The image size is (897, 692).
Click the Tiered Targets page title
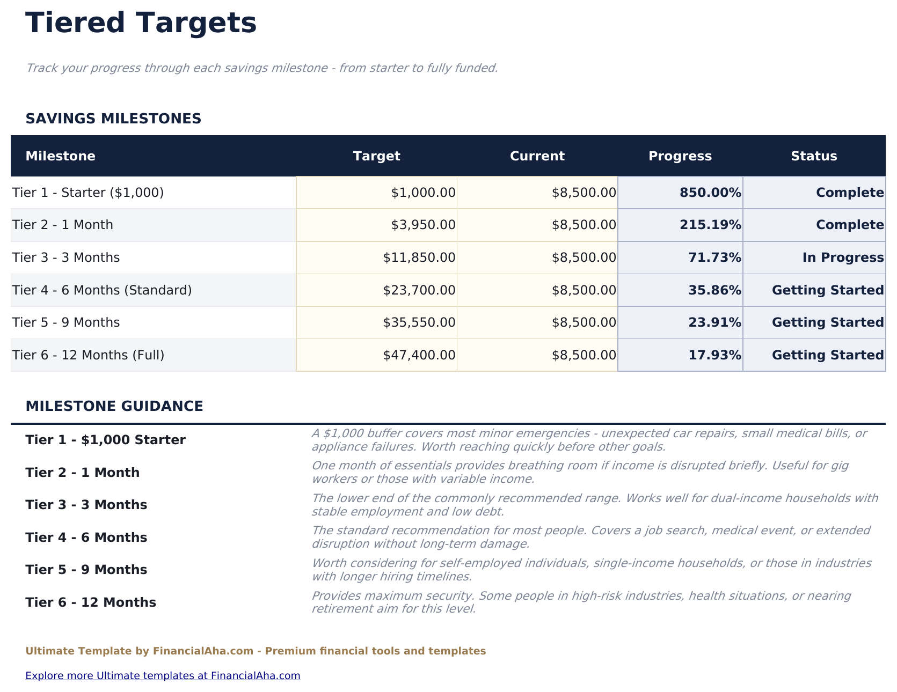141,24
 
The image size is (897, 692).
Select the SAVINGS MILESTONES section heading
113,119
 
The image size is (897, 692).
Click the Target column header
376,156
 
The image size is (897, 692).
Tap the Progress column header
680,156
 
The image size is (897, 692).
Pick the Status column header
813,156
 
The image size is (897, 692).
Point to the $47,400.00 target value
419,355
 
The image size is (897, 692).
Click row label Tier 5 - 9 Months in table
66,322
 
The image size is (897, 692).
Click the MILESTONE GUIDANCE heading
114,406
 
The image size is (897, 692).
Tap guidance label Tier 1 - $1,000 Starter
105,440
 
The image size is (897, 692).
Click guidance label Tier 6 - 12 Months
91,602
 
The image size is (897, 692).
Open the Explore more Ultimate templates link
163,675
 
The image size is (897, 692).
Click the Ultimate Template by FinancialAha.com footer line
256,651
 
